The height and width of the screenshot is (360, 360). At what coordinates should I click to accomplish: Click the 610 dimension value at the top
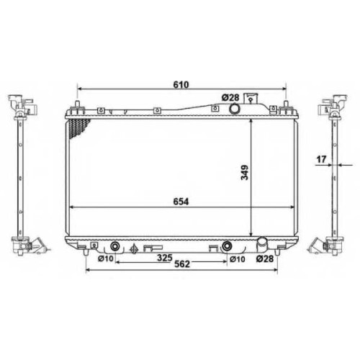pyautogui.click(x=181, y=84)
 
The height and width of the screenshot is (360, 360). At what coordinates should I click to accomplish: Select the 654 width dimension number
pyautogui.click(x=181, y=202)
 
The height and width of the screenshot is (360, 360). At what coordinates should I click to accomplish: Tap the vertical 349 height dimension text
pyautogui.click(x=245, y=172)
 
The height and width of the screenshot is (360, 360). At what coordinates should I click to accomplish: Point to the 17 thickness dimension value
pyautogui.click(x=321, y=159)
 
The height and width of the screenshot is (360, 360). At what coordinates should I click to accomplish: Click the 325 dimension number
pyautogui.click(x=165, y=258)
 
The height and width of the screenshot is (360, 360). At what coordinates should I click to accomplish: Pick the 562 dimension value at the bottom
pyautogui.click(x=182, y=264)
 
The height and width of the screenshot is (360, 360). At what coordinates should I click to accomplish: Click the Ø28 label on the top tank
pyautogui.click(x=230, y=97)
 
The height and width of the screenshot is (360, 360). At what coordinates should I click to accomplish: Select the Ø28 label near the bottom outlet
pyautogui.click(x=265, y=258)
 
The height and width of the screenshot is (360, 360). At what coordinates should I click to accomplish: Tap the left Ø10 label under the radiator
pyautogui.click(x=105, y=258)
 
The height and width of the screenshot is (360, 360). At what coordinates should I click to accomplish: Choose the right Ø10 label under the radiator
pyautogui.click(x=238, y=259)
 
